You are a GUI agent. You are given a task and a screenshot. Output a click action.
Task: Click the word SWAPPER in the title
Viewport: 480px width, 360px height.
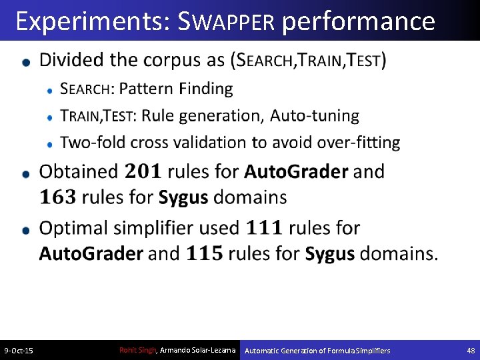[227, 22]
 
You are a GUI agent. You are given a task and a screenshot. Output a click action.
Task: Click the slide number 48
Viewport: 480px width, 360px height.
[471, 351]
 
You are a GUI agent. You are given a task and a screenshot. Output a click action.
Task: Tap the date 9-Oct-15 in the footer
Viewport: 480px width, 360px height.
[19, 351]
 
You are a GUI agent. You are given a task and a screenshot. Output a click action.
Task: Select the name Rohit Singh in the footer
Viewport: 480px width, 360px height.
[137, 350]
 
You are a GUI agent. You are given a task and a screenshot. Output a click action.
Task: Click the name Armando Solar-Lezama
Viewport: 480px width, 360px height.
[198, 350]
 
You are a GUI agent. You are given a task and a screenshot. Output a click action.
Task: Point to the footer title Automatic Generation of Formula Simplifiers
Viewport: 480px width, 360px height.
[317, 351]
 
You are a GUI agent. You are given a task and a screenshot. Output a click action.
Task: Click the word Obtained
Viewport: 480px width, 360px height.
[79, 171]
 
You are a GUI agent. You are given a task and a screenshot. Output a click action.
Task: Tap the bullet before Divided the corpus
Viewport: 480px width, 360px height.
[26, 61]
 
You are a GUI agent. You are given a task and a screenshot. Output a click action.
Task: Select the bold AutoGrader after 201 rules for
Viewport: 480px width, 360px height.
[296, 171]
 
